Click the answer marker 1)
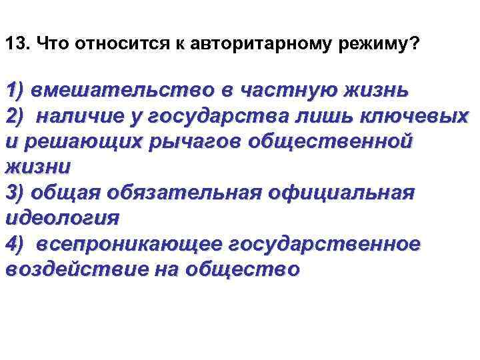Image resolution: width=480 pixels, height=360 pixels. click(15, 90)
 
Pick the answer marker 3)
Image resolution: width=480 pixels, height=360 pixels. click(15, 193)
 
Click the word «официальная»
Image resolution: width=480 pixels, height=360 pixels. click(341, 193)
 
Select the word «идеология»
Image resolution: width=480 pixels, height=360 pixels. click(62, 219)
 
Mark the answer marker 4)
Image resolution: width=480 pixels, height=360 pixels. click(15, 244)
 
